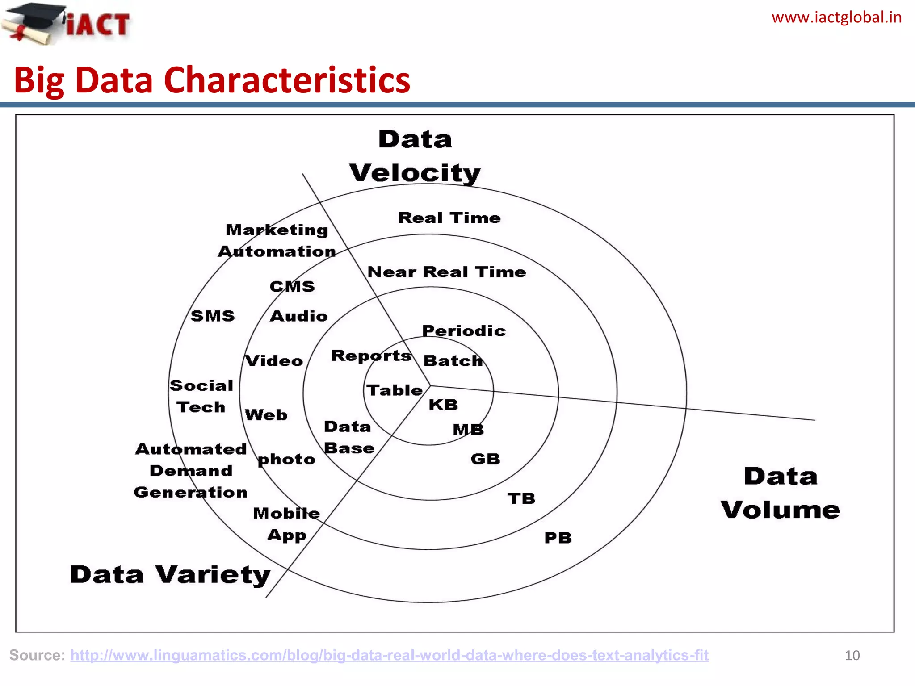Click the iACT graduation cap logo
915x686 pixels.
pos(67,23)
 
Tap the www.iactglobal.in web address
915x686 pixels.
pos(836,17)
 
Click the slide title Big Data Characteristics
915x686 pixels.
pos(212,80)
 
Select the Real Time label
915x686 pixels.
pos(449,218)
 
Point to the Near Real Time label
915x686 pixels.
pos(446,272)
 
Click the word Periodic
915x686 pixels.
pos(464,331)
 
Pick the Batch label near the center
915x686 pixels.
pos(453,360)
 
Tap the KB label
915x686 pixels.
pos(443,405)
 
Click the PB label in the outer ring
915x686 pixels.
pos(558,538)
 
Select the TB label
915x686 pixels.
pos(521,498)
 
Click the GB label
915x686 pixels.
pos(485,459)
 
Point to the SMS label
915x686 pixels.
pos(213,316)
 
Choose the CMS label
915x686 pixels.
pos(292,286)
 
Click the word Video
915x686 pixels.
pos(274,361)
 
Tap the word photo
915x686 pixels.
pos(286,460)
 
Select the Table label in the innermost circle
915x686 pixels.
pos(395,390)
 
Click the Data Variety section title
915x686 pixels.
pos(170,575)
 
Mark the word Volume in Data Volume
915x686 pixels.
pos(780,510)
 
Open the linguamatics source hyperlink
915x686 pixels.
pos(389,655)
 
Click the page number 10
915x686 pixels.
pos(852,655)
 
